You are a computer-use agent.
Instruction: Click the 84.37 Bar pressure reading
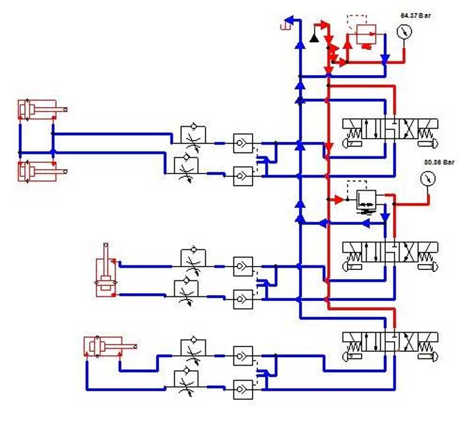click(x=415, y=14)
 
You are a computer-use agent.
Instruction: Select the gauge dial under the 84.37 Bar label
click(x=404, y=32)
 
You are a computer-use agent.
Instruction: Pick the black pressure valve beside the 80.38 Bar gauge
click(x=365, y=200)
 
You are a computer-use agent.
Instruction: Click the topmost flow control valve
click(x=193, y=135)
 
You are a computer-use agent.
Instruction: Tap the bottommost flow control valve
click(x=193, y=380)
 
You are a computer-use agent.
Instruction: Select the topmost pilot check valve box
click(x=243, y=144)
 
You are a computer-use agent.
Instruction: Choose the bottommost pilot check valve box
click(x=243, y=387)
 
